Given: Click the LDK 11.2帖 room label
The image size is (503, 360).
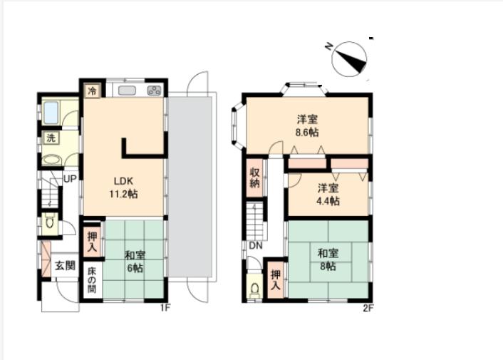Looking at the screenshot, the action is (x=123, y=187).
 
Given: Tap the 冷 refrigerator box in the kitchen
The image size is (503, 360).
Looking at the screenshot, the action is (x=93, y=91).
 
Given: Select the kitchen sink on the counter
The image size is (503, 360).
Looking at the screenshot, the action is (x=127, y=91).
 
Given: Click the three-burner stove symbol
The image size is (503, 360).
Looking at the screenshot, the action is (x=154, y=91).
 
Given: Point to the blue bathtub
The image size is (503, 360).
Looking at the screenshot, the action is (x=51, y=113).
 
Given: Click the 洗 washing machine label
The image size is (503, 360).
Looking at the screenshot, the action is (x=51, y=138).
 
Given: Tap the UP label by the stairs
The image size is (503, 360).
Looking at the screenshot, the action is (x=70, y=179).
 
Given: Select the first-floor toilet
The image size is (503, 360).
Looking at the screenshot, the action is (x=50, y=222).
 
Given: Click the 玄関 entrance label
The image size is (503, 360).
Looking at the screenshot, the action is (x=65, y=266).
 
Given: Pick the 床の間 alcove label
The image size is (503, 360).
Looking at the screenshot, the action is (x=92, y=279).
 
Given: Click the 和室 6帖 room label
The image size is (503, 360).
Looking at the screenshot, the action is (x=135, y=262).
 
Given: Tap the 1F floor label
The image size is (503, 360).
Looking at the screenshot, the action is (x=165, y=308).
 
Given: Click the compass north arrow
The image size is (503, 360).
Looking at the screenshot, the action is (x=349, y=59).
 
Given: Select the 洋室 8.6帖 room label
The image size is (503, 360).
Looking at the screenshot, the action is (x=307, y=125).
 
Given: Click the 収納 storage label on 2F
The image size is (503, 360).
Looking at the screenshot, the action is (x=254, y=178).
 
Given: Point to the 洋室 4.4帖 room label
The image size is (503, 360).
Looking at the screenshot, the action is (x=328, y=194).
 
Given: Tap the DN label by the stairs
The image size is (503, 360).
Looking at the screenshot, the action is (x=256, y=246).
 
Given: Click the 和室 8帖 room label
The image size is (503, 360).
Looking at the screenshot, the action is (x=328, y=259).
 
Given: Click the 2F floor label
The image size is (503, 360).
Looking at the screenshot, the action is (x=368, y=308).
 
